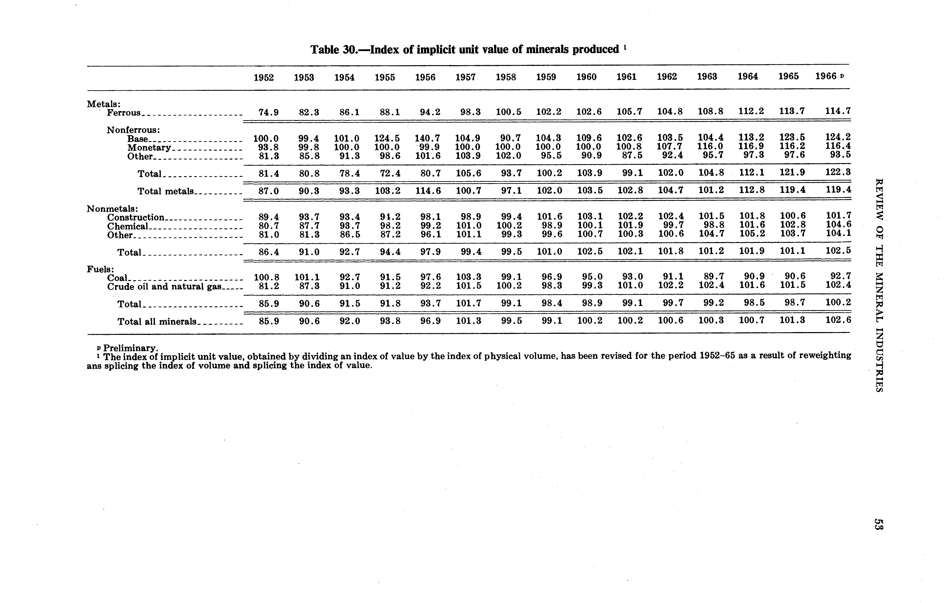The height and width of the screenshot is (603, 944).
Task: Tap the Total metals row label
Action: tap(166, 191)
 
